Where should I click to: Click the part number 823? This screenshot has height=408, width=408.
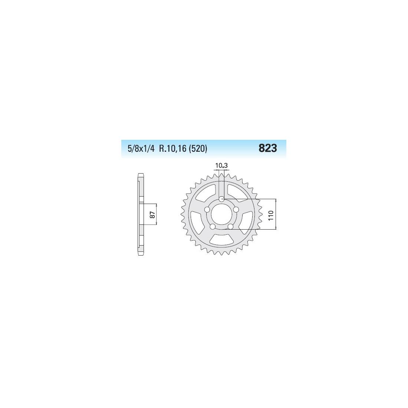click(x=268, y=148)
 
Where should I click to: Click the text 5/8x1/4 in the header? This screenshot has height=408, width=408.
click(x=141, y=149)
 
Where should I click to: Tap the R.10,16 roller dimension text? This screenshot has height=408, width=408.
click(x=173, y=149)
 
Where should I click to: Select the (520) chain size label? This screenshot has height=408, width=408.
click(x=198, y=149)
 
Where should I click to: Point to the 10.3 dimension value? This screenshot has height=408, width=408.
click(x=221, y=165)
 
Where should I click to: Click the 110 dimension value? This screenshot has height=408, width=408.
click(x=271, y=215)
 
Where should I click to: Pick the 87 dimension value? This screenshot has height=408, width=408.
click(x=152, y=215)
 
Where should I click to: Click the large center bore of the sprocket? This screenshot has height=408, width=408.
click(x=221, y=214)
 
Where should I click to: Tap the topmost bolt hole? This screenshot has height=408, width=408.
click(x=221, y=199)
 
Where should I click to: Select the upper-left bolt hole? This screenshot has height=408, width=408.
click(x=207, y=210)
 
